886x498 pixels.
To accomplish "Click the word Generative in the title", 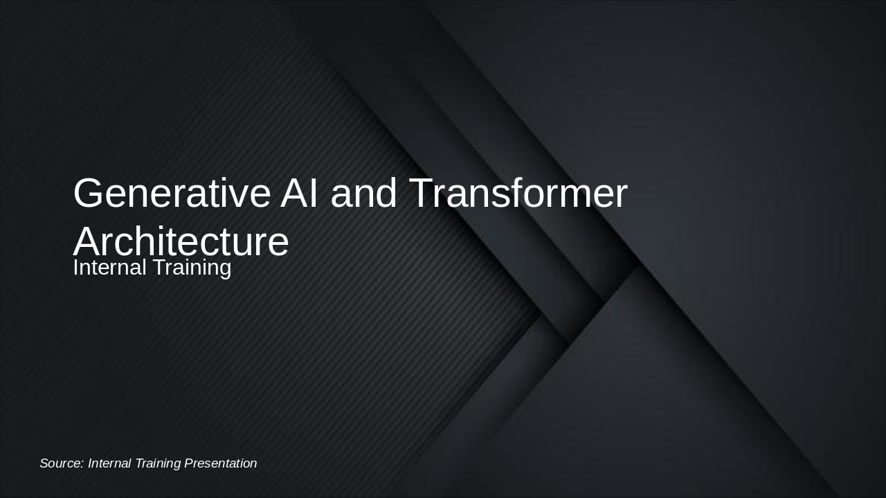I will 171,194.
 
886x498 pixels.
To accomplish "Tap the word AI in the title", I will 300,194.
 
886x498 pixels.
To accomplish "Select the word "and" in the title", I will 363,194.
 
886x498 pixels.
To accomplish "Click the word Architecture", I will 181,242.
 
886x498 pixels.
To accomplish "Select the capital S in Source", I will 44,463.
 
